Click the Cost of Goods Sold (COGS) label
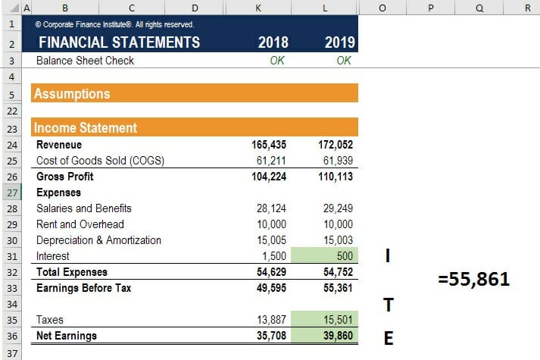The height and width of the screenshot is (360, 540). click(x=100, y=161)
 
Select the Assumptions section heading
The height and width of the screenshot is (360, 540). click(x=72, y=94)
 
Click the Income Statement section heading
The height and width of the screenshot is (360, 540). click(x=86, y=128)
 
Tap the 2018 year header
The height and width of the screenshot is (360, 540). click(x=273, y=42)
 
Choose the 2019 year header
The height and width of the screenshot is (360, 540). click(x=340, y=42)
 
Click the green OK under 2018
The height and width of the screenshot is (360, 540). click(x=277, y=61)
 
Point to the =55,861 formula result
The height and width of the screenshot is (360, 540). click(x=473, y=280)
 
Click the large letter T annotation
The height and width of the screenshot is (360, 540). click(x=389, y=305)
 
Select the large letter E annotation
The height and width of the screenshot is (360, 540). click(x=389, y=338)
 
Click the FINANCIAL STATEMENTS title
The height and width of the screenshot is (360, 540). click(x=119, y=42)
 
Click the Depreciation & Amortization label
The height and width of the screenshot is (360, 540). click(x=98, y=240)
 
